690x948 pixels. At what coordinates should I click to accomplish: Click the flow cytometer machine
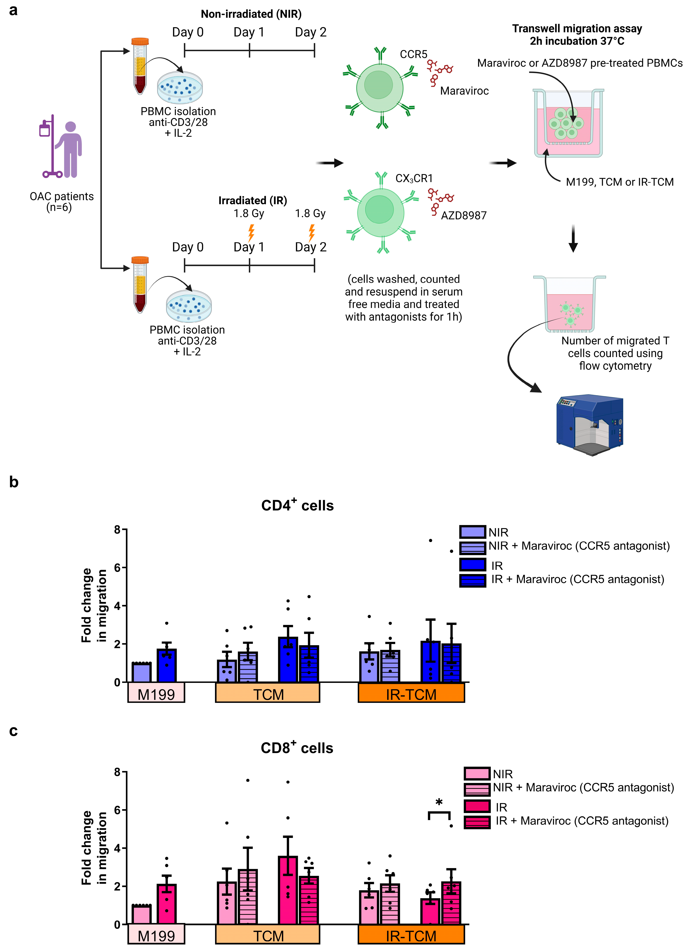pyautogui.click(x=590, y=424)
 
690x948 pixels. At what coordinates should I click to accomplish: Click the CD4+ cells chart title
pyautogui.click(x=297, y=505)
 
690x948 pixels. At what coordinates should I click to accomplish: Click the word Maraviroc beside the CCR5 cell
pyautogui.click(x=464, y=91)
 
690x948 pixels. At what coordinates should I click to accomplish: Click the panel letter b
pyautogui.click(x=14, y=482)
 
